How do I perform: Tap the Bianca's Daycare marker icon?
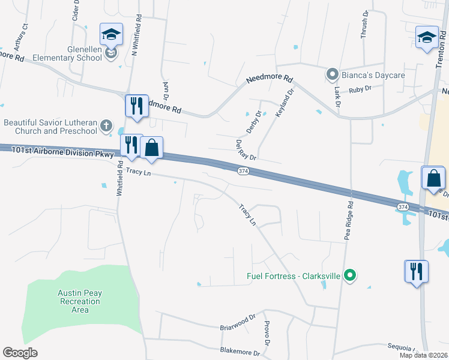(x=332, y=75)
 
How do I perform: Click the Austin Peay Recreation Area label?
(x=80, y=301)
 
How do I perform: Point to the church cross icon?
(x=106, y=126)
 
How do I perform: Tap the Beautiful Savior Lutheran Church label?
(x=50, y=127)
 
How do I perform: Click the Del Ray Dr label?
(x=246, y=149)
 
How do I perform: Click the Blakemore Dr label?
(x=240, y=352)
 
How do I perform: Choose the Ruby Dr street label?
(x=360, y=88)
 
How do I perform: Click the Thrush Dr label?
(x=364, y=25)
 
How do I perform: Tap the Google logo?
(x=20, y=353)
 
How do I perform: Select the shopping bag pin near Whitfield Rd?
(x=152, y=148)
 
